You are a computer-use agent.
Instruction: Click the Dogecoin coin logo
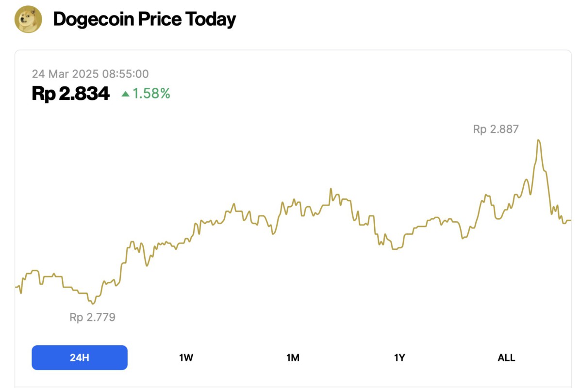[29, 19]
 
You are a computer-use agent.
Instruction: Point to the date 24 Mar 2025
[65, 74]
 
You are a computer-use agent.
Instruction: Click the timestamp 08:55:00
[125, 74]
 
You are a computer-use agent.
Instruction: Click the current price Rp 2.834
[71, 94]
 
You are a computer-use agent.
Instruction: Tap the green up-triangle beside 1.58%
[126, 94]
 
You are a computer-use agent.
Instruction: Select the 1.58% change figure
[151, 94]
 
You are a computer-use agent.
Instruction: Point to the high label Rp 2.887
[496, 129]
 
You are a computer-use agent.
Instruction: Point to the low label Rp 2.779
[92, 318]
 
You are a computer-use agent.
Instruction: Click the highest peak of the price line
[538, 141]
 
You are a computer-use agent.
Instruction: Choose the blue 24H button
[80, 358]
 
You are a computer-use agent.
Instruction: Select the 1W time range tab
[186, 358]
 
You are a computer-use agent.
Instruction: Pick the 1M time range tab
[293, 358]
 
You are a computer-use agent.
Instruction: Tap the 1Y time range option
[399, 358]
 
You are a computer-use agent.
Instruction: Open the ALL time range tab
[506, 358]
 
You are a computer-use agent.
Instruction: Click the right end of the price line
[570, 221]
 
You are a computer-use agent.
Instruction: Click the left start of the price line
[17, 287]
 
